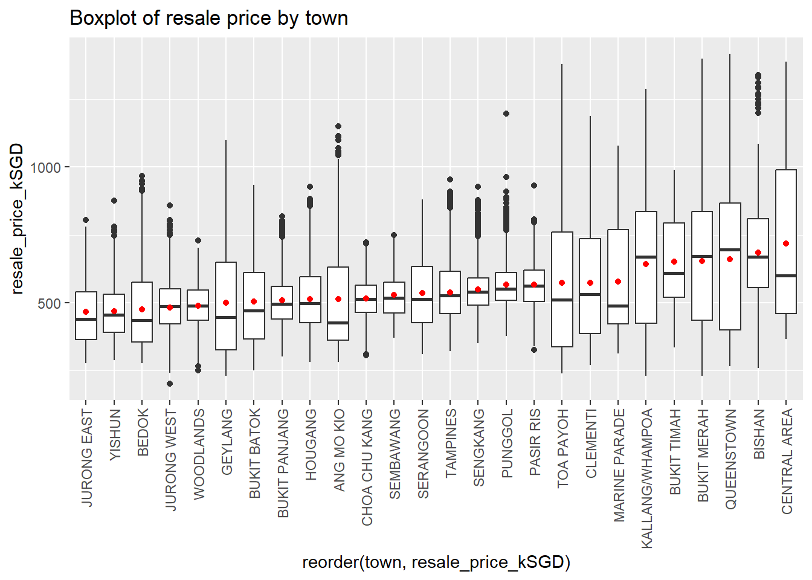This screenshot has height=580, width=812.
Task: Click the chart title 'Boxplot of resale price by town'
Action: click(x=208, y=18)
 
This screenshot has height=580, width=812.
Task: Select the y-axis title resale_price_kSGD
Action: click(x=17, y=219)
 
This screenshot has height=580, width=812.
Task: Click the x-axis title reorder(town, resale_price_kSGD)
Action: click(x=436, y=562)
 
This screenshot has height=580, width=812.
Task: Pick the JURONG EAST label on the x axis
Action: click(x=86, y=458)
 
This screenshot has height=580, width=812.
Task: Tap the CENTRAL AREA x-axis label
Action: click(x=787, y=462)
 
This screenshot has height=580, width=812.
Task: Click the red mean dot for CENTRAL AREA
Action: click(x=786, y=243)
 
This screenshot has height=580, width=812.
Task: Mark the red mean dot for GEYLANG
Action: click(x=226, y=303)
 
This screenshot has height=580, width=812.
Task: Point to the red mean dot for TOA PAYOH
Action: click(x=562, y=283)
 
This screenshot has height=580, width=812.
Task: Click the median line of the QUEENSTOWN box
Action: click(x=730, y=250)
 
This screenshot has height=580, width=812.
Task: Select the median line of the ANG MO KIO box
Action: click(x=338, y=323)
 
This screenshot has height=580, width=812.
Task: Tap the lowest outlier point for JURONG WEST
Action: click(x=170, y=384)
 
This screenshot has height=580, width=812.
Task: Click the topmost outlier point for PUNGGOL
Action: click(x=506, y=114)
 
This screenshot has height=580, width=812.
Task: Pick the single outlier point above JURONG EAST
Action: click(x=86, y=220)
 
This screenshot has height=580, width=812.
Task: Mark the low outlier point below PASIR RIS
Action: click(x=534, y=350)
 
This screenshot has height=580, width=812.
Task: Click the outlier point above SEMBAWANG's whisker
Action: click(x=394, y=235)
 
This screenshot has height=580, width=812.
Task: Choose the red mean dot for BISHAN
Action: click(x=758, y=253)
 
